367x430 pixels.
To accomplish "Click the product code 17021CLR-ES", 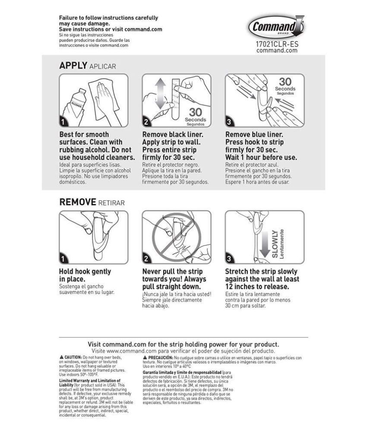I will tap(277, 44).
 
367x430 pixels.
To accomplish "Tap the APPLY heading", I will tap(73, 66).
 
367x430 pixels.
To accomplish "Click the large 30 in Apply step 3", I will tap(285, 82).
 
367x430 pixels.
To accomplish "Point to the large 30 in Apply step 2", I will tap(195, 111).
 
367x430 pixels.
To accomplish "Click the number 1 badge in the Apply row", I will tap(63, 122).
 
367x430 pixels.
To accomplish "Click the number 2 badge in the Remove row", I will tap(147, 259).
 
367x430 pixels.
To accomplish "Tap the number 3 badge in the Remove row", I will tap(230, 259).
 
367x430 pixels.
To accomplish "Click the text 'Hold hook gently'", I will tap(85, 271).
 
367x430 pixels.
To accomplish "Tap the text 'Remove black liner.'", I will tap(173, 134).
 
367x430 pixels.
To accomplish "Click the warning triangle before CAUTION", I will tap(61, 358).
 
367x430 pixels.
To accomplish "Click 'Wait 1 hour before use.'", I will tap(261, 157).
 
